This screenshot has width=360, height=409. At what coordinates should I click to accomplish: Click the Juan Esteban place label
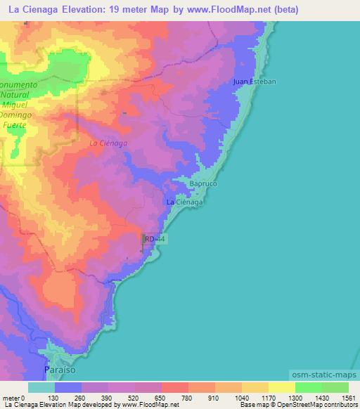(x=255, y=82)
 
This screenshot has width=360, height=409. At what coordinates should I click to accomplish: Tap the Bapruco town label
(x=203, y=184)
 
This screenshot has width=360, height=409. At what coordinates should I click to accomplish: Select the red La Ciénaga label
(x=108, y=143)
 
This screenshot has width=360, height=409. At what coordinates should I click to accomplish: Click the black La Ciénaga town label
(x=184, y=202)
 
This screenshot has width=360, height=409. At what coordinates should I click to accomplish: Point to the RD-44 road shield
(x=155, y=240)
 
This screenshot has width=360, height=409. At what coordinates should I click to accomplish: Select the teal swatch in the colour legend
(x=41, y=387)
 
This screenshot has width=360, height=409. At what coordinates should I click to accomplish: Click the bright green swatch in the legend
(x=308, y=387)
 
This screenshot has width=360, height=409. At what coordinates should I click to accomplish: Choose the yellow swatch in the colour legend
(x=281, y=387)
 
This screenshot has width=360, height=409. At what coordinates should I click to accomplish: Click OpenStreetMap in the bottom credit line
(x=296, y=405)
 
